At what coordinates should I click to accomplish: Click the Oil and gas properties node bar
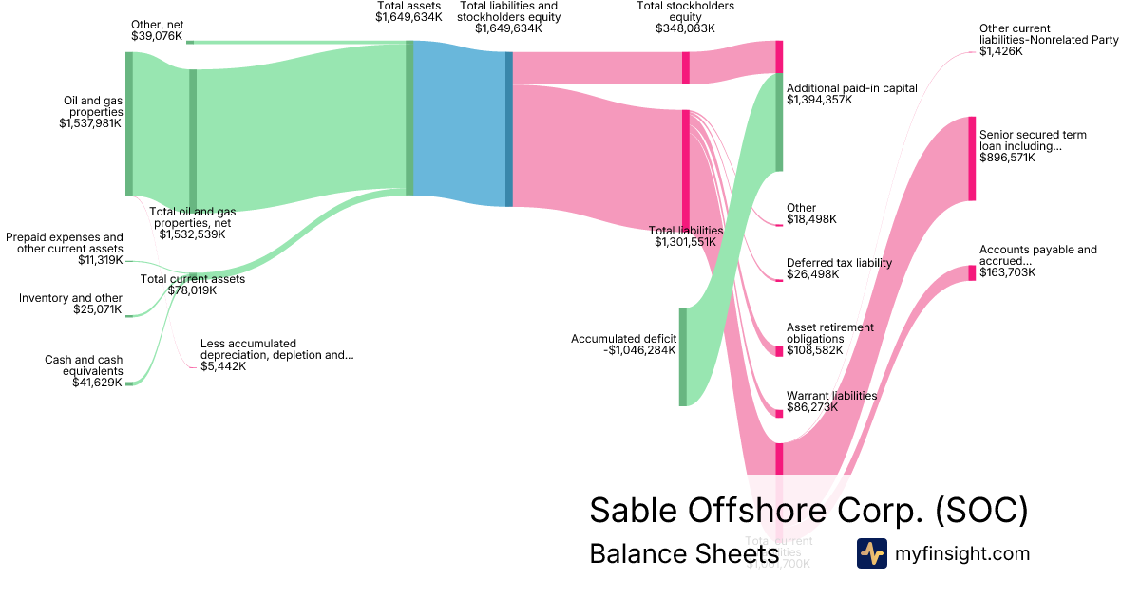[129, 123]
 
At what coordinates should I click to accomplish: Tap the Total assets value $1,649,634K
[408, 17]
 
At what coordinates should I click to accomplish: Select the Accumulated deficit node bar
[682, 357]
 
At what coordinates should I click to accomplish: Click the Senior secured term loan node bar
[972, 159]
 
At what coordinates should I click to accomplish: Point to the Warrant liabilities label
[831, 395]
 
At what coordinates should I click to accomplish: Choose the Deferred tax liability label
[839, 263]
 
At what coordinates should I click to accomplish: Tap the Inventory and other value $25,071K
[98, 309]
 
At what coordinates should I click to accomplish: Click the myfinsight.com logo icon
[871, 553]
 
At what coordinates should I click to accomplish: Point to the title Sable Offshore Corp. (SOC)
[808, 510]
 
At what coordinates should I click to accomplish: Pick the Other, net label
[157, 24]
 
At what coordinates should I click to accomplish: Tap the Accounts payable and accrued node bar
[972, 273]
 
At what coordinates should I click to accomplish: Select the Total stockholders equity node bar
[686, 67]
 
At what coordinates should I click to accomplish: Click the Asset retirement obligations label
[829, 333]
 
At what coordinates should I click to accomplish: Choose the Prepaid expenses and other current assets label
[65, 243]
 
